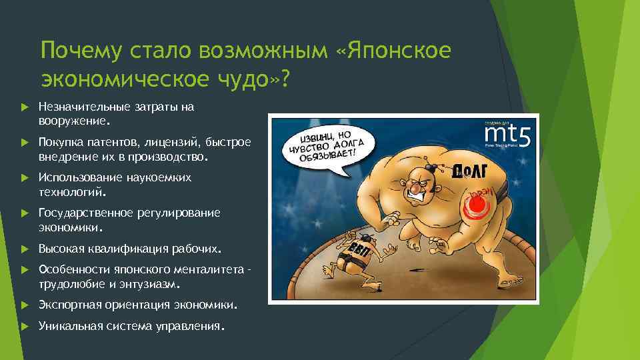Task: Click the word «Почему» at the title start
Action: tap(75, 50)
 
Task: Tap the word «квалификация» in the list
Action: tap(119, 249)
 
